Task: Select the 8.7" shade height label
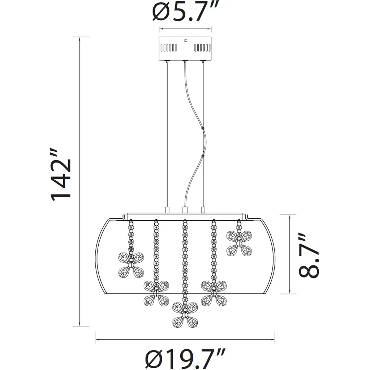(309, 255)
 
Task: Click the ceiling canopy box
(185, 48)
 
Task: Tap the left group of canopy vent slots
(169, 48)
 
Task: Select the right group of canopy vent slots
(202, 48)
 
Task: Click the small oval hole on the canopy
(185, 40)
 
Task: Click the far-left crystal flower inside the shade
(131, 265)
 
